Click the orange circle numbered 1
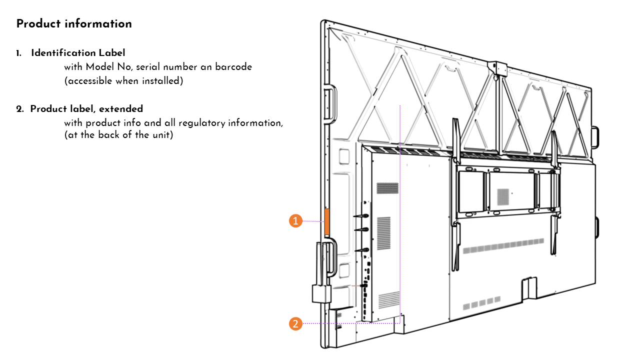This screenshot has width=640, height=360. [296, 221]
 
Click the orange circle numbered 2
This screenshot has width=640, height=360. [296, 323]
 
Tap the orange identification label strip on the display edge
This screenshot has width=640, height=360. [327, 222]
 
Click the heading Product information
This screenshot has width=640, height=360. [74, 23]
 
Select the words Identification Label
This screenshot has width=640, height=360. [78, 52]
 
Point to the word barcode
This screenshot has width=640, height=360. [235, 66]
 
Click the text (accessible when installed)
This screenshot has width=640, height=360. [123, 80]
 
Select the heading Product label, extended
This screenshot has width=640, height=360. [86, 108]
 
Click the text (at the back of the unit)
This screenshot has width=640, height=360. [118, 134]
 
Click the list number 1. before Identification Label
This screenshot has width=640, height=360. [18, 52]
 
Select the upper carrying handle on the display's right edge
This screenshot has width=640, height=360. [595, 137]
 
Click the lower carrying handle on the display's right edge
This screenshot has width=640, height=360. [595, 228]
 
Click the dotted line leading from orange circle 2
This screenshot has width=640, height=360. [350, 323]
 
